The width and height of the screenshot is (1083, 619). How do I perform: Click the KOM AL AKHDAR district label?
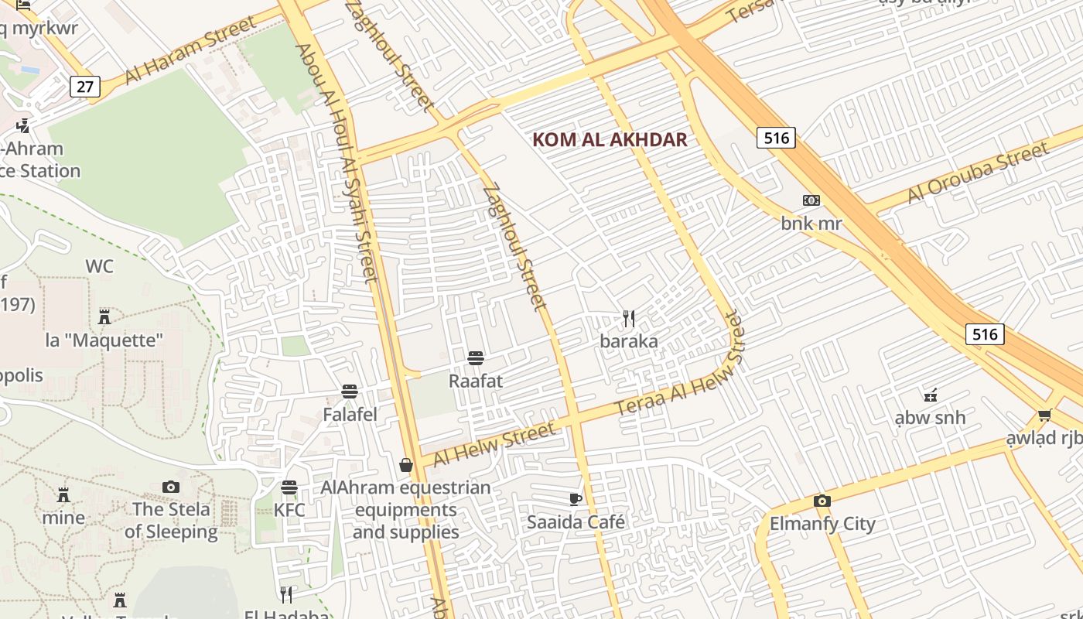(x=610, y=139)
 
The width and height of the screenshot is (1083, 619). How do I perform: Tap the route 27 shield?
(x=84, y=86)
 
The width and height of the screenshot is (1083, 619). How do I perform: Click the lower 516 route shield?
(x=984, y=333)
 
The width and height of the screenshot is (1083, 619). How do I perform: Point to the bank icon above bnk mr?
(x=811, y=200)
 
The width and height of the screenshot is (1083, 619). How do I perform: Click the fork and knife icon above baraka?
(x=629, y=318)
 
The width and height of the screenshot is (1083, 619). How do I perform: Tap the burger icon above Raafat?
(x=476, y=357)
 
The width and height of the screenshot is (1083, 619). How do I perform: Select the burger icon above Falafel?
(x=350, y=392)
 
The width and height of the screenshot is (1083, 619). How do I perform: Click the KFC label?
(x=289, y=511)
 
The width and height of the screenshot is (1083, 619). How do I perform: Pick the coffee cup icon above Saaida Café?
(x=575, y=499)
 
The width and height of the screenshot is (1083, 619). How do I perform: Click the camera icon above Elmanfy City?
(x=822, y=501)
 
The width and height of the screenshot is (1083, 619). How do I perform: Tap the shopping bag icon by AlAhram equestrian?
(x=405, y=464)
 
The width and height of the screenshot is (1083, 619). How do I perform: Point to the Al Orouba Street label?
(x=978, y=173)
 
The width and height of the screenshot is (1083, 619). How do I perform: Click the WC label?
(x=99, y=267)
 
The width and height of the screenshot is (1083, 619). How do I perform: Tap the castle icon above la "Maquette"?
(x=104, y=316)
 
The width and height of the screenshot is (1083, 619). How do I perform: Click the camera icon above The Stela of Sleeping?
(x=171, y=487)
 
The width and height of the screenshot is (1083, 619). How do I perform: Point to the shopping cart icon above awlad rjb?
(x=1044, y=416)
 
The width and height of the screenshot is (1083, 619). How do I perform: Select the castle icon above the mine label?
(x=63, y=494)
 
